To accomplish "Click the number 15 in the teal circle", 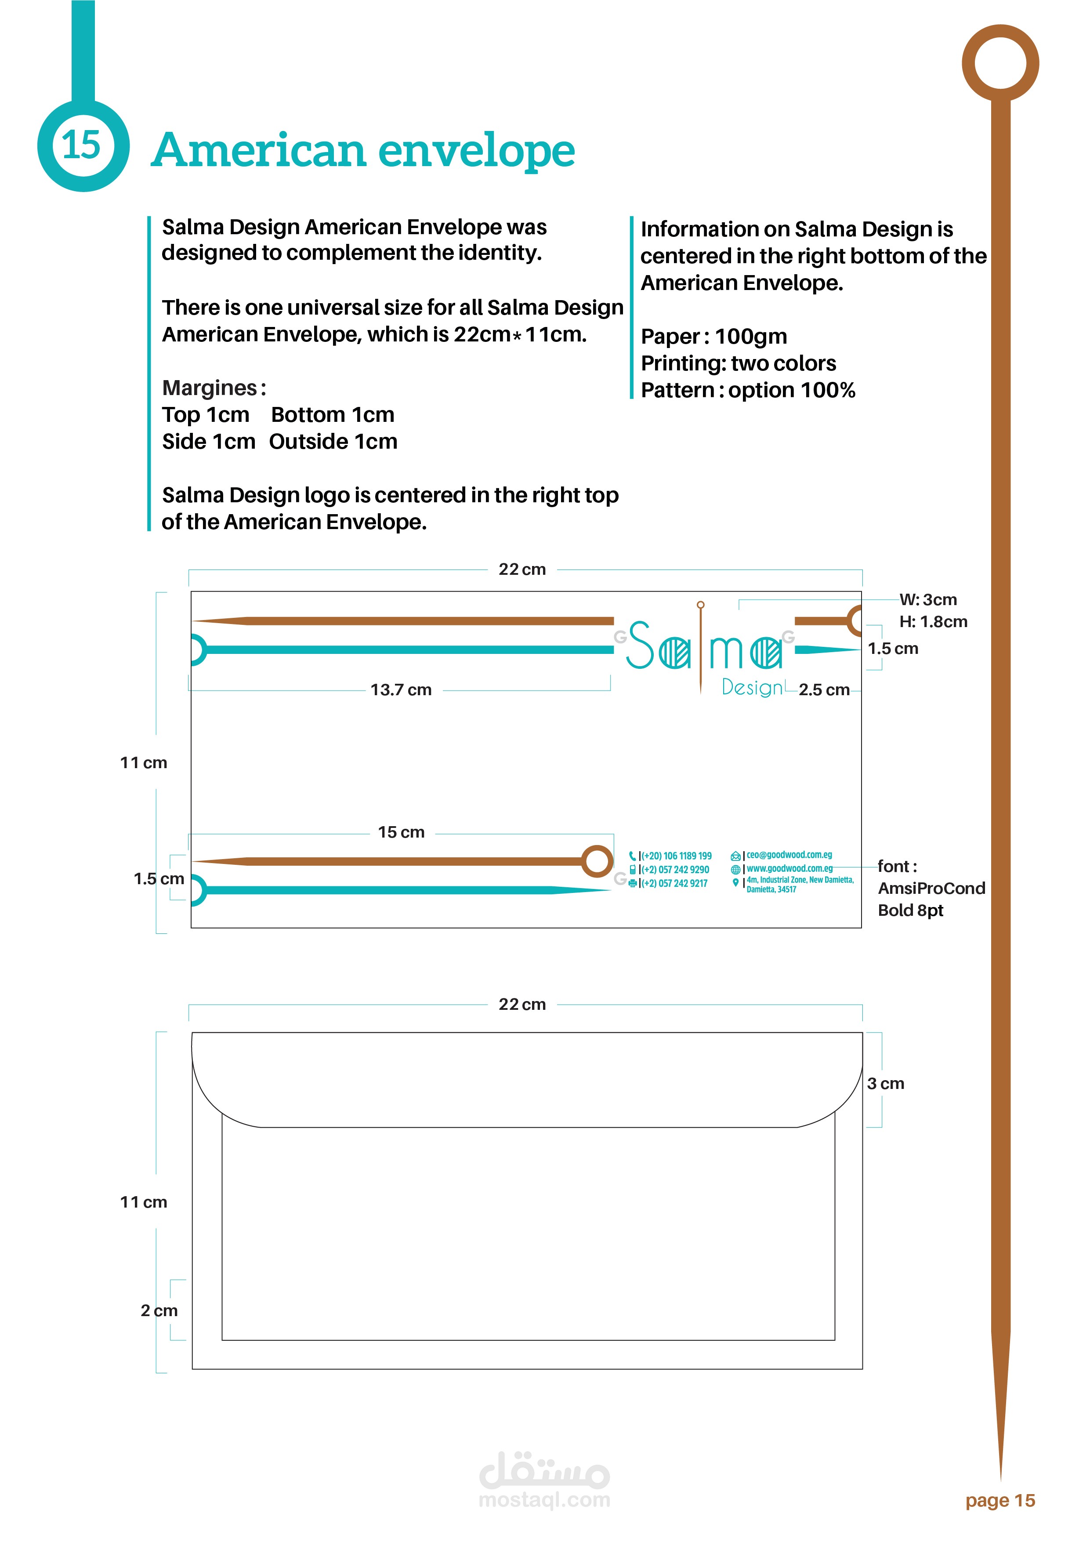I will pos(81,145).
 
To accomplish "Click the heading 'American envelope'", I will pos(362,150).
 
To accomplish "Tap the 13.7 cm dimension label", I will pos(401,690).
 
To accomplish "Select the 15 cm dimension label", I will pos(401,832).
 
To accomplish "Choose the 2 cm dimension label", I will pos(159,1310).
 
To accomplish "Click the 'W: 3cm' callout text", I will pos(928,600).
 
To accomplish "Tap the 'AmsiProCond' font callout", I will pos(931,889).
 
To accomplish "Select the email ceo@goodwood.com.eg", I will pos(789,855).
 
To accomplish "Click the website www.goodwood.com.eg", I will pos(789,868).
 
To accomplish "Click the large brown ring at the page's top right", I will pos(1000,64).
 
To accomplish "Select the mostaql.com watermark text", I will pos(544,1500).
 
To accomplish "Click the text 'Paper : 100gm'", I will pos(713,337).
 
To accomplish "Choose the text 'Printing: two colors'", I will pos(738,363).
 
